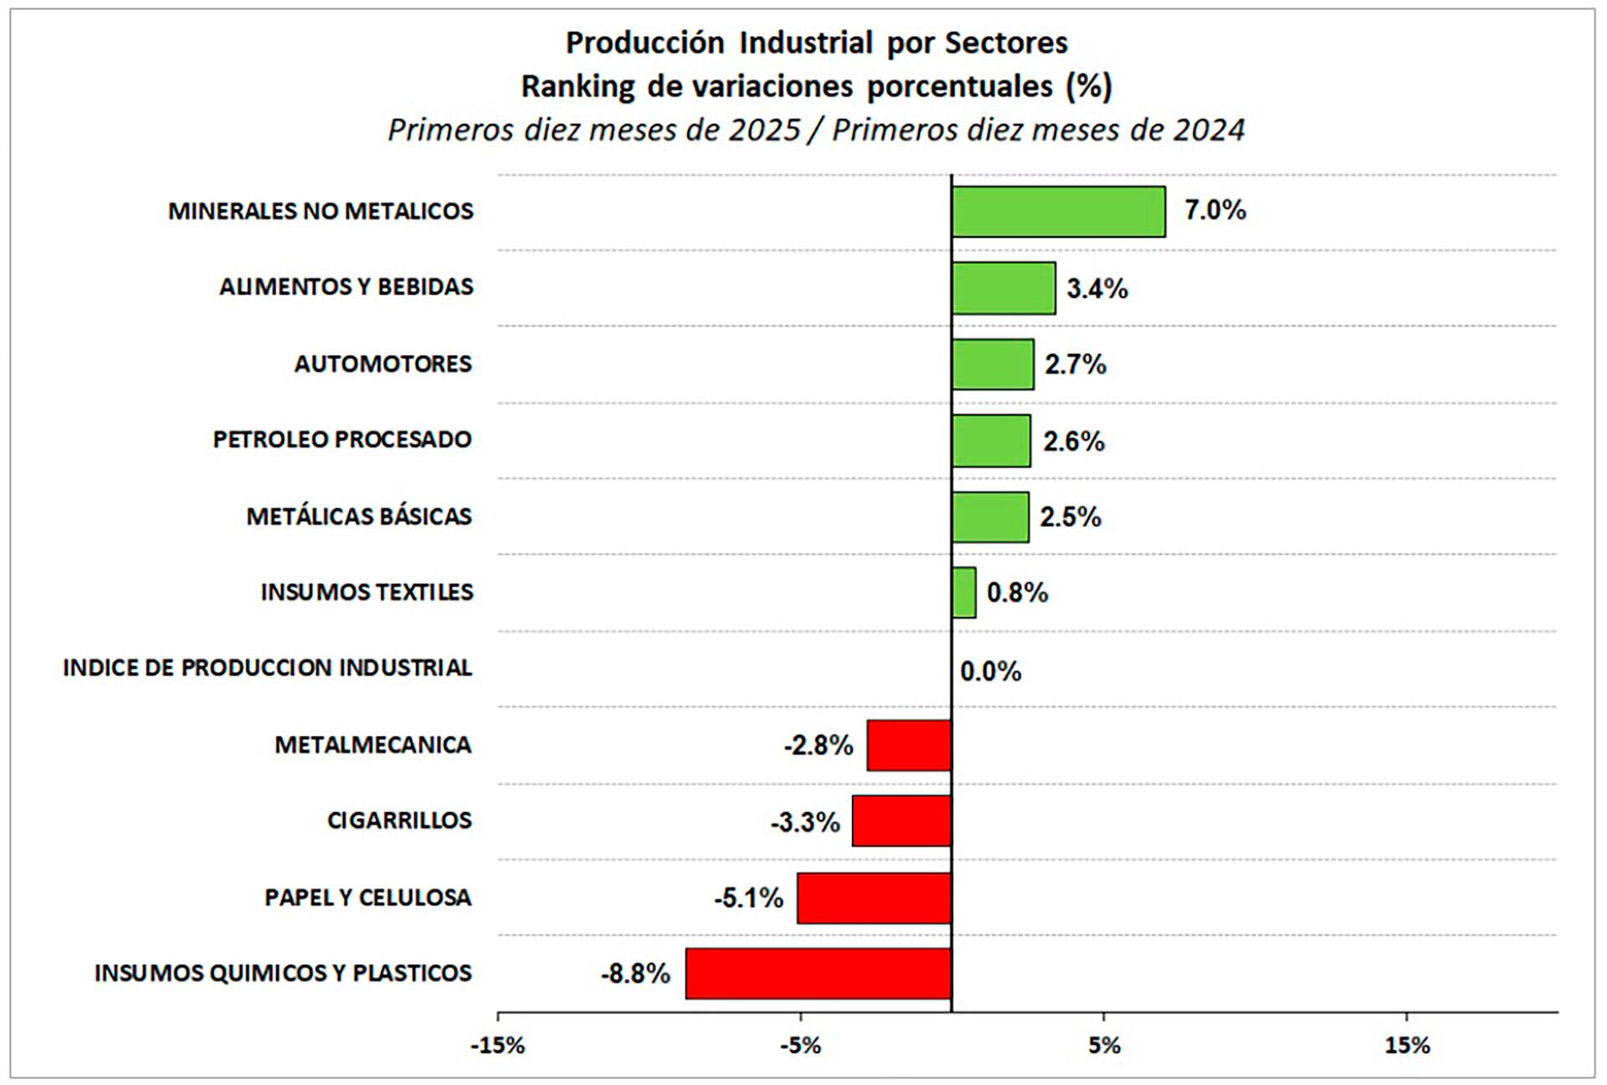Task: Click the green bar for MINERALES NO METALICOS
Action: click(1058, 212)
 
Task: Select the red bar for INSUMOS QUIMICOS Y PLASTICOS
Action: click(818, 974)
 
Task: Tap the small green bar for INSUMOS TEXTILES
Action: click(963, 593)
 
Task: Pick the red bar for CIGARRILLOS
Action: click(901, 821)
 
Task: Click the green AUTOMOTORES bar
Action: click(993, 364)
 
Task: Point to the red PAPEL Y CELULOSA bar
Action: click(874, 898)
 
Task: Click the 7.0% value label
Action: click(1214, 210)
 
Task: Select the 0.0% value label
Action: click(990, 671)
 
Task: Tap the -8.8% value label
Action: click(635, 974)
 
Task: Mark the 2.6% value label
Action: click(1073, 441)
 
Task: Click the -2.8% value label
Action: click(818, 745)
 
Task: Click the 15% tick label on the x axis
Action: click(1407, 1046)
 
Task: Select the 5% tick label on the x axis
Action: click(1104, 1046)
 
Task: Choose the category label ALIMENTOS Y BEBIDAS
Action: click(347, 287)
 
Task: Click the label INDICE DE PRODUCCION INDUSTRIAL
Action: click(267, 668)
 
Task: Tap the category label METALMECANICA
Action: click(372, 745)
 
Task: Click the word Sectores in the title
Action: click(1006, 43)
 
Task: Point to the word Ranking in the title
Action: click(578, 86)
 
